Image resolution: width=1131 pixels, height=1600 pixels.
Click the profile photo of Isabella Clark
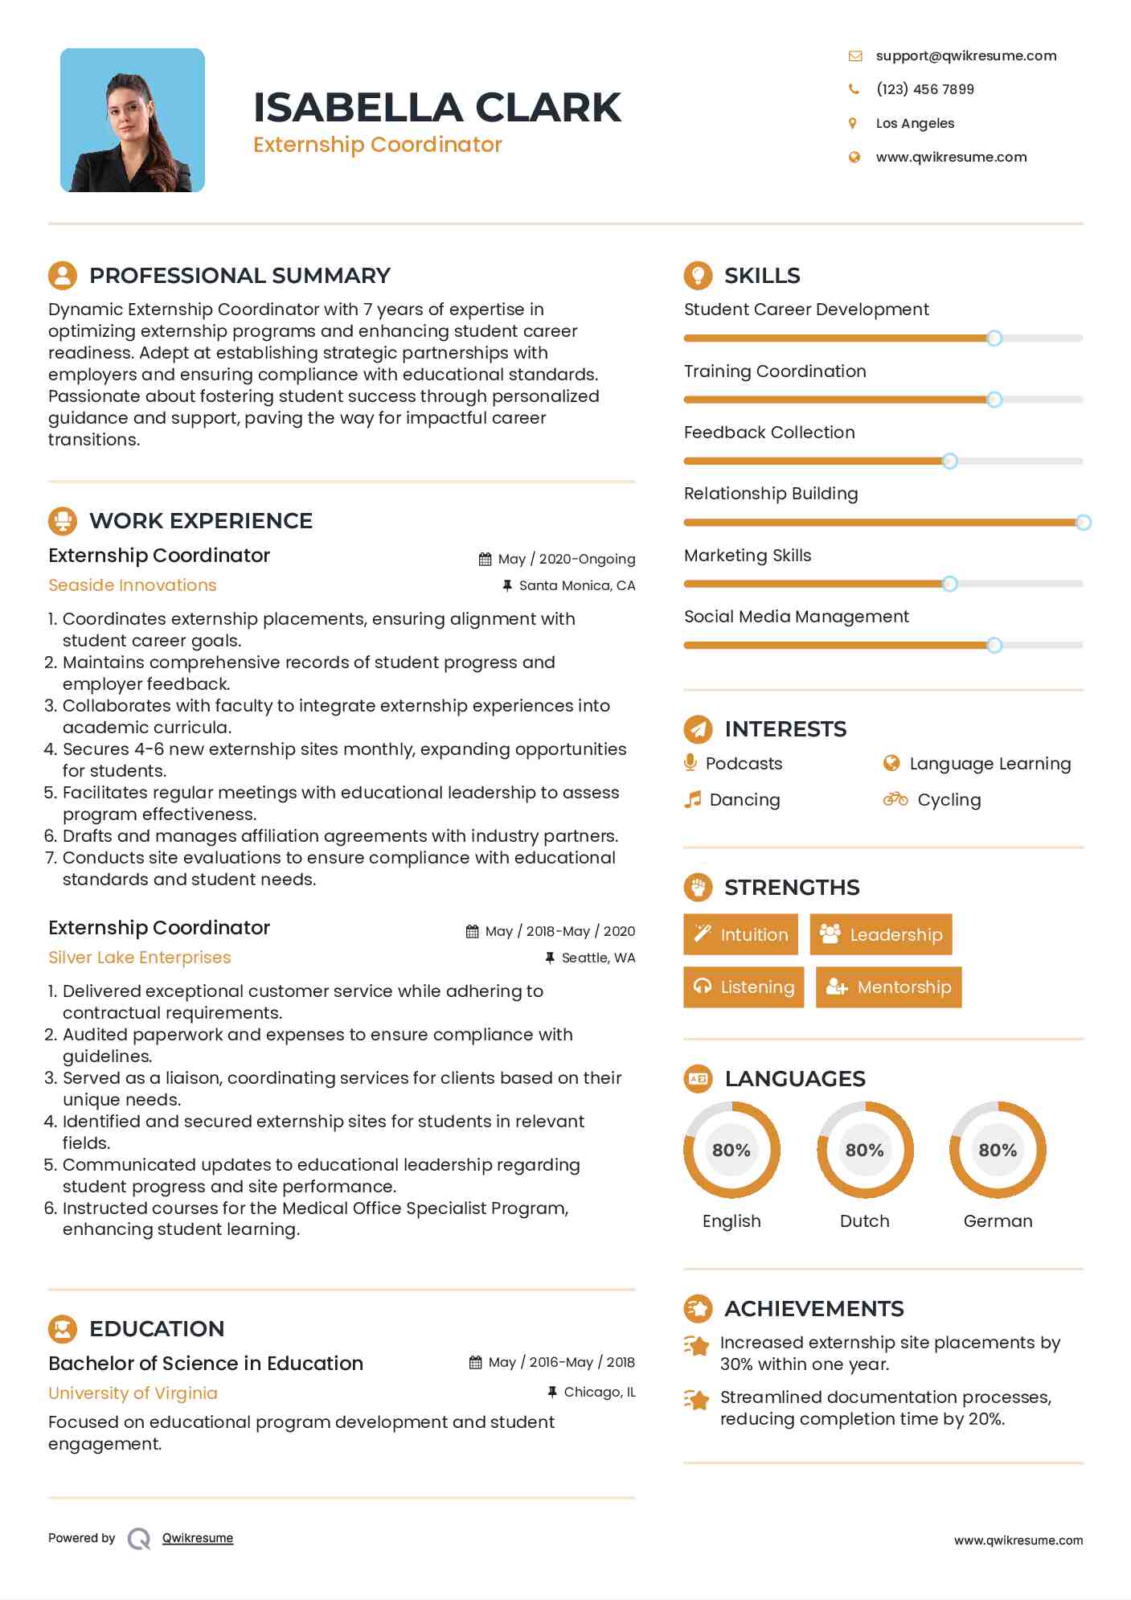[x=133, y=121]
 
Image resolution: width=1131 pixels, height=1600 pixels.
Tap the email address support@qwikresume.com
[x=965, y=55]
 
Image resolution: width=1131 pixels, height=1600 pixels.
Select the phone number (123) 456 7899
[x=924, y=89]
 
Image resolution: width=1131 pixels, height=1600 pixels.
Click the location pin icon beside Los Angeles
[x=853, y=123]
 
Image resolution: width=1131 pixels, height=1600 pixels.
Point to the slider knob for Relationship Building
[x=1083, y=523]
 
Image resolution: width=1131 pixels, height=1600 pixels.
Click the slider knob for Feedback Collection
[x=949, y=462]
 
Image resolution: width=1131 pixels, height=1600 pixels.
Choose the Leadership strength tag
[x=880, y=934]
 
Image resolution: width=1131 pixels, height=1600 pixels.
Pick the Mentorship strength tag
[x=888, y=987]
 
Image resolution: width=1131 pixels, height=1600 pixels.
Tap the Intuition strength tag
[x=740, y=934]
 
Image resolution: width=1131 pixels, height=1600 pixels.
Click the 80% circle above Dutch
[x=865, y=1150]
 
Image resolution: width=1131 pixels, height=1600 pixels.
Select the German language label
[x=998, y=1221]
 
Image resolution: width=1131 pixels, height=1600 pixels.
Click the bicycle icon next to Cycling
[x=895, y=799]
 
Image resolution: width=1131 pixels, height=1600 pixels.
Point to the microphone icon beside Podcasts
[x=690, y=762]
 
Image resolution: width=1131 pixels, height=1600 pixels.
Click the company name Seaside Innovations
[x=133, y=585]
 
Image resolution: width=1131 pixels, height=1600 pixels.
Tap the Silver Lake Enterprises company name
[x=140, y=958]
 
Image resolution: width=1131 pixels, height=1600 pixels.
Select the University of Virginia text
[x=133, y=1393]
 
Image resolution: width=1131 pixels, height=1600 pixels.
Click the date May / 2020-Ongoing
[x=566, y=559]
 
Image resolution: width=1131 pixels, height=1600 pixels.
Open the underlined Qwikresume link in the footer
[x=198, y=1538]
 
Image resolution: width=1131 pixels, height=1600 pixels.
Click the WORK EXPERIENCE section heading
[x=201, y=521]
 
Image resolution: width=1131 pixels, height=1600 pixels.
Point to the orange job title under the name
[x=377, y=145]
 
